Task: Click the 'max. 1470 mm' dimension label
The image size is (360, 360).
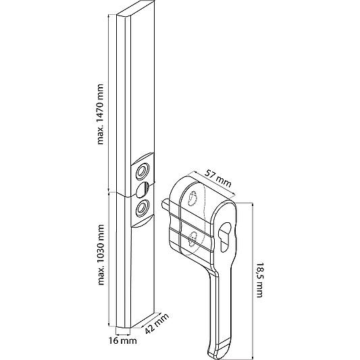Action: click(x=101, y=114)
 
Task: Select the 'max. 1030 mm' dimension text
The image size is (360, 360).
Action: click(x=101, y=255)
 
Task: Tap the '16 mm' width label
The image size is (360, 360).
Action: click(x=123, y=340)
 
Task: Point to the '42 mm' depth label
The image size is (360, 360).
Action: click(x=157, y=324)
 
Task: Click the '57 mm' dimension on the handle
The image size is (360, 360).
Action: click(x=218, y=179)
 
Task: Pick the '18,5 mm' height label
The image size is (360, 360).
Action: click(x=260, y=280)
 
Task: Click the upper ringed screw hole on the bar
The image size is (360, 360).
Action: click(x=143, y=172)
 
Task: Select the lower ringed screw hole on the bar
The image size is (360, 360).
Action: click(x=142, y=208)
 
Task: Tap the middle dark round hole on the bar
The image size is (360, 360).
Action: click(x=143, y=189)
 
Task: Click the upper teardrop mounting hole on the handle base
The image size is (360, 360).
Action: click(x=192, y=198)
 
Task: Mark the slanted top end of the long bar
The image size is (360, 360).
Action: click(x=136, y=9)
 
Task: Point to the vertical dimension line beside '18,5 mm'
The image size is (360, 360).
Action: click(x=253, y=281)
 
